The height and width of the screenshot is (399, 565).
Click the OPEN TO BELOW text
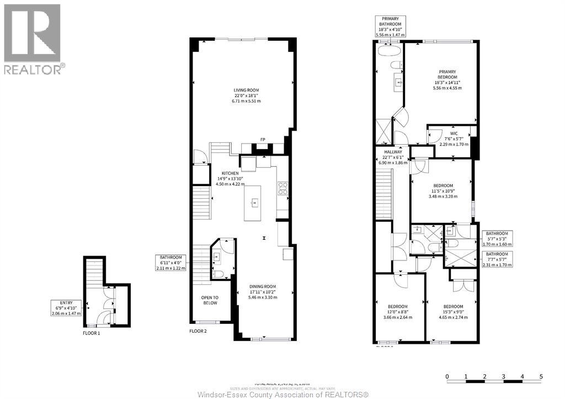(209, 300)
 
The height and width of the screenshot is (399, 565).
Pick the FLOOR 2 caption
(198, 332)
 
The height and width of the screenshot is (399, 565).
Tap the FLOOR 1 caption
(92, 333)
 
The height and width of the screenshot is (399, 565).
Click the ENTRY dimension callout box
(66, 307)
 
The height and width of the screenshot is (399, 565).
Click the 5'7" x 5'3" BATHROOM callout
(497, 238)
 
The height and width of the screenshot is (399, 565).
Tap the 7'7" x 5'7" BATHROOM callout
(497, 259)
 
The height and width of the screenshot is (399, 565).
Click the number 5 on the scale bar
(541, 377)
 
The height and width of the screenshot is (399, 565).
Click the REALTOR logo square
(32, 33)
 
